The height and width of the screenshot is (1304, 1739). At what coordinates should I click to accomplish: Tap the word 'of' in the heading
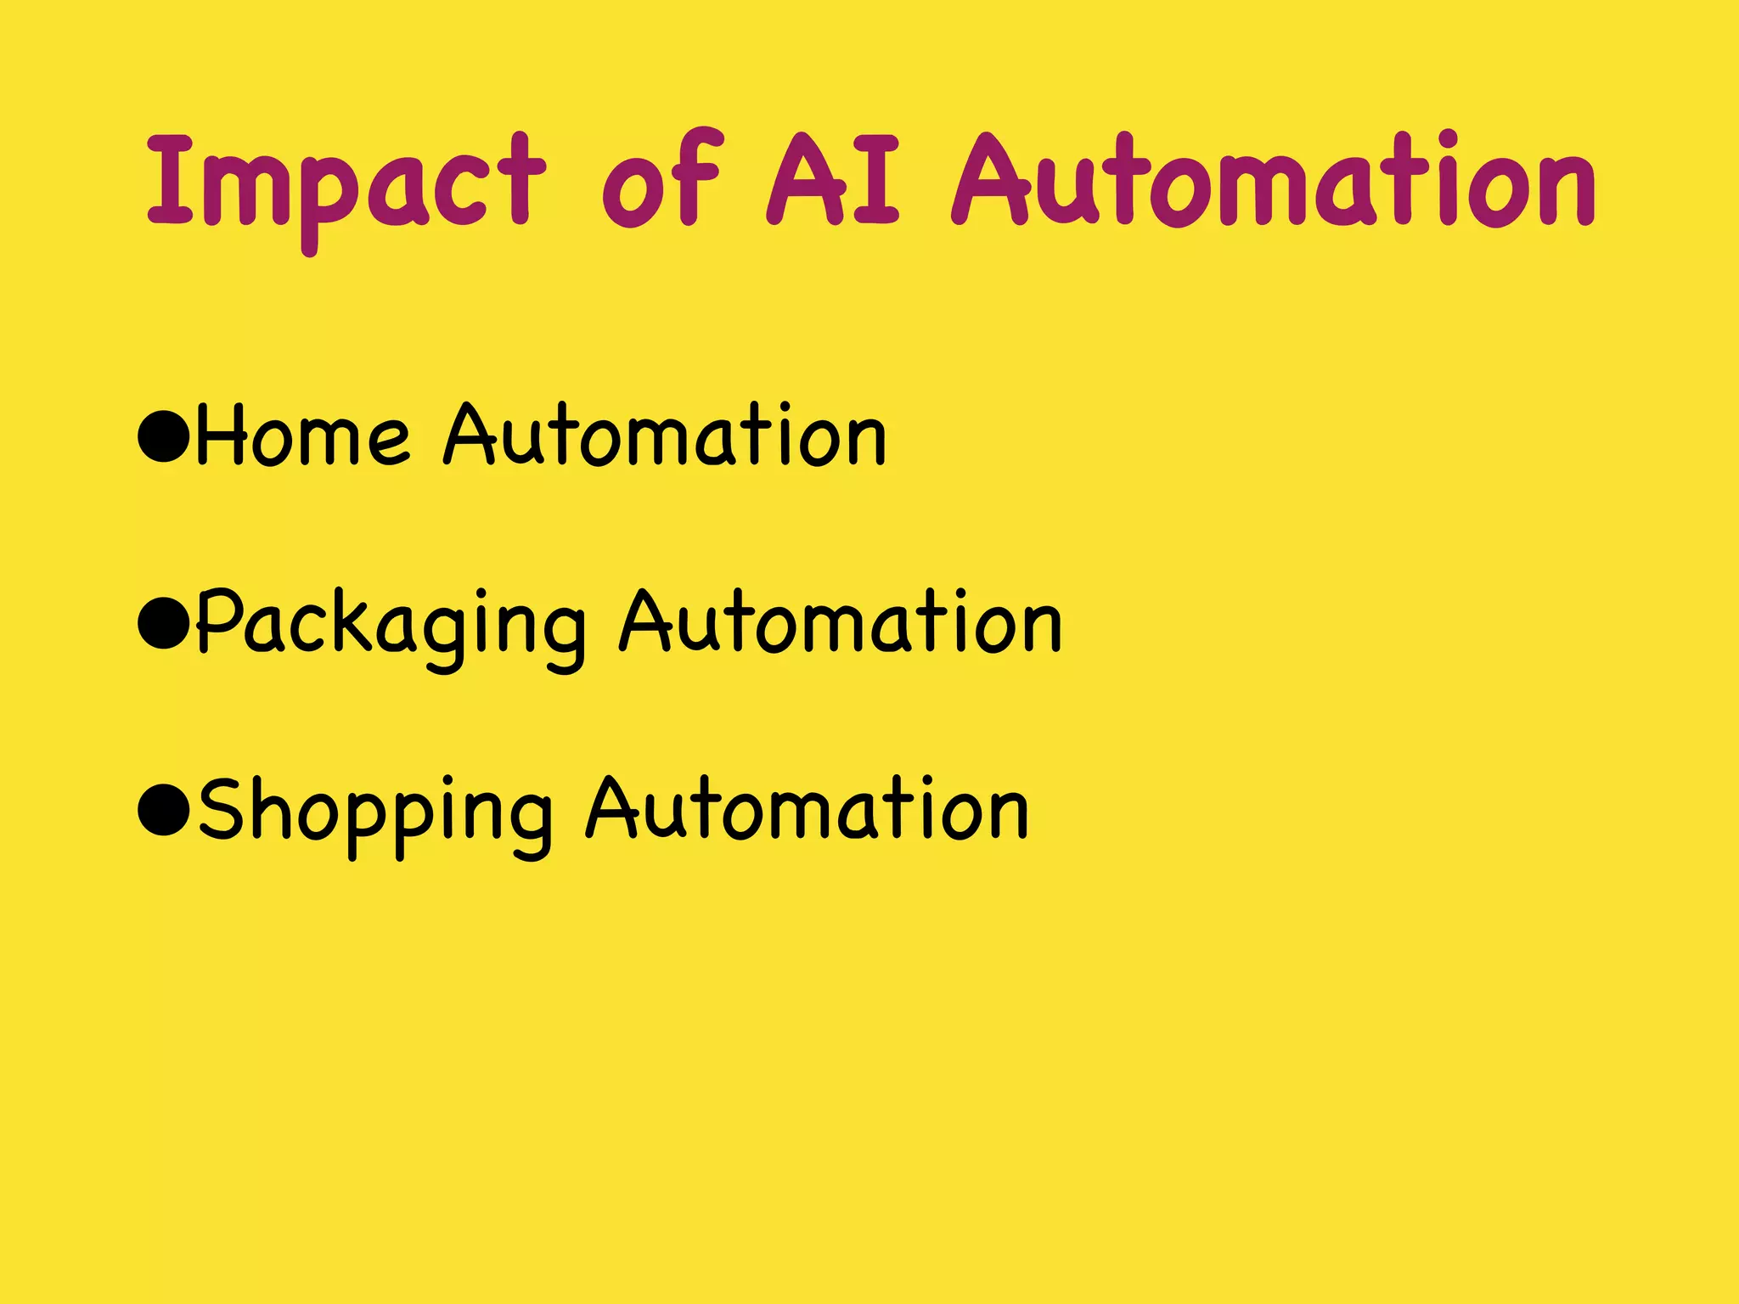662,181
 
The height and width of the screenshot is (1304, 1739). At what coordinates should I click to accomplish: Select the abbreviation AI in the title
832,179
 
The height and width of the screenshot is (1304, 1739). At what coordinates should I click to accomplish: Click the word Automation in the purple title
1274,181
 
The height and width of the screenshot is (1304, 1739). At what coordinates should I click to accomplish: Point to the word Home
303,435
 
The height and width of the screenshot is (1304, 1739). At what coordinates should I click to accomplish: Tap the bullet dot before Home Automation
162,435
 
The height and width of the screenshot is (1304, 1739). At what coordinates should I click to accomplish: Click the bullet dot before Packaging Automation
162,623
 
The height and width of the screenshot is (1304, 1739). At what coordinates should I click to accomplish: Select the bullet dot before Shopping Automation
162,810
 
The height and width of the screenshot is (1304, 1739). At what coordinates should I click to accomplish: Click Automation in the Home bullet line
665,435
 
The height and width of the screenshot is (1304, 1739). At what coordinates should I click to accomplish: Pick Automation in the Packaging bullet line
841,623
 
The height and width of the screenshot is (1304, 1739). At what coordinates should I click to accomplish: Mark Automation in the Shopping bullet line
808,810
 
